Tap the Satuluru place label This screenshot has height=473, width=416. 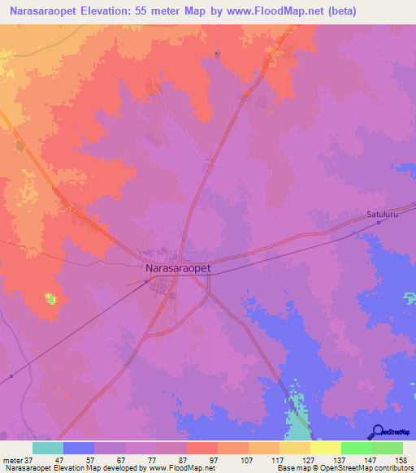pos(381,215)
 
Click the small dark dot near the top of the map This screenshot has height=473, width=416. pos(217,54)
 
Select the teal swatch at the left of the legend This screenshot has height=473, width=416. pos(48,448)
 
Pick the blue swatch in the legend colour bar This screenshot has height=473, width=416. pos(79,448)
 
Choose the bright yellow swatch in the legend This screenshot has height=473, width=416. pos(325,448)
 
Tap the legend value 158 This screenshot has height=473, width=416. pos(401,460)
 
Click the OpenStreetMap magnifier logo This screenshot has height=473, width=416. pos(375,432)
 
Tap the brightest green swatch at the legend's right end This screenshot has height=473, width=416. pos(387,448)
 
